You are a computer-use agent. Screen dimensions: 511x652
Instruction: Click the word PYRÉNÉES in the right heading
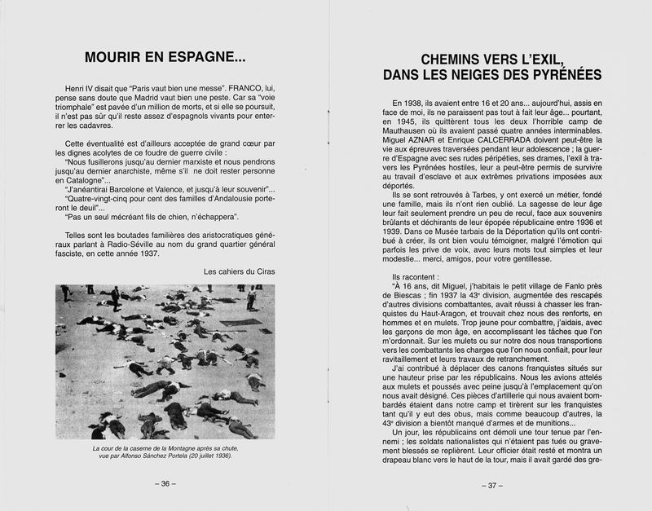point(559,75)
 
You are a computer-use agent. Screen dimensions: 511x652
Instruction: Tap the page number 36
point(165,483)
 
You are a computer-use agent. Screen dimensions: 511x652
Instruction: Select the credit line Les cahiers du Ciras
point(240,271)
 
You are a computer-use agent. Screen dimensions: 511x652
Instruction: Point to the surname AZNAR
point(422,156)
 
